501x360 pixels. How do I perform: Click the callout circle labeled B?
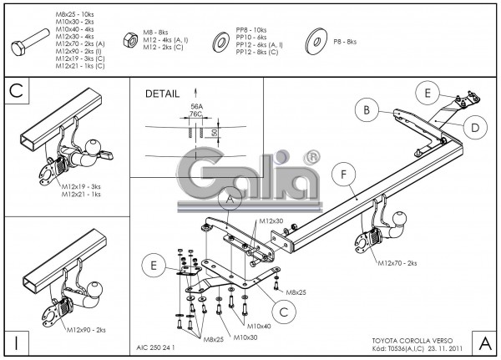364,109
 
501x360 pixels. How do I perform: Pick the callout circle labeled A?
230,200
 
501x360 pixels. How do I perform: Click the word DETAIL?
161,94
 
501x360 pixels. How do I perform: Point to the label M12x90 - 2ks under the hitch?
84,330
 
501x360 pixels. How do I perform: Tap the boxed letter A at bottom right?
483,342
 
